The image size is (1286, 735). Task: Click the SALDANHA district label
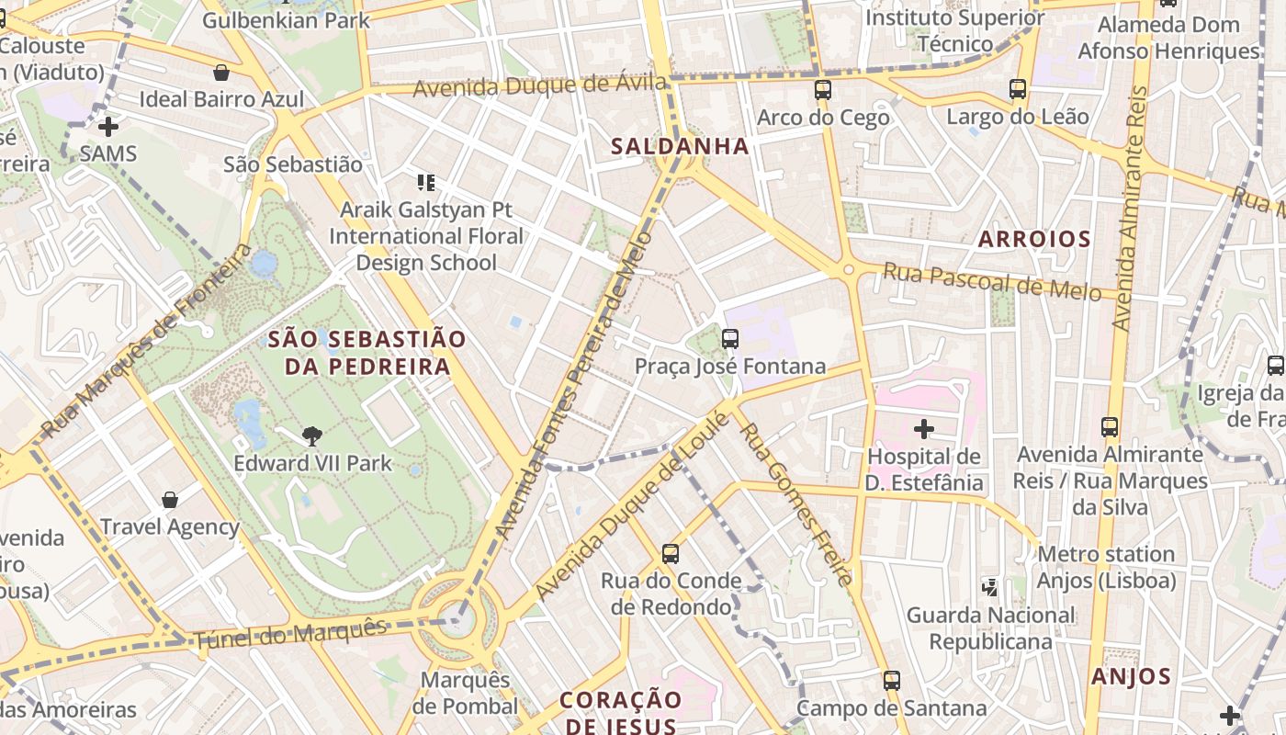(680, 146)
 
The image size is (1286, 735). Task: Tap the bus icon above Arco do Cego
(822, 90)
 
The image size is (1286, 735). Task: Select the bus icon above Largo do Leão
(1017, 89)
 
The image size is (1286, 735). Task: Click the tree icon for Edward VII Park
(312, 435)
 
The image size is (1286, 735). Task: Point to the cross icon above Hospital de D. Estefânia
(924, 428)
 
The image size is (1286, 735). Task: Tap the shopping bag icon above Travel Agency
(170, 500)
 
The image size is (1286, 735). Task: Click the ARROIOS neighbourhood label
(1033, 240)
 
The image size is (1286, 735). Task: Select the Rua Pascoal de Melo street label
(991, 282)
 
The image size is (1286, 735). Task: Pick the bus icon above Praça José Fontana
(730, 339)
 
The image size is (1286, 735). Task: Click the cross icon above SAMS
(108, 126)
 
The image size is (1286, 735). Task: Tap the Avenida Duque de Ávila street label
(539, 86)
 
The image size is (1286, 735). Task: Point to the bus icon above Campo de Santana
(891, 681)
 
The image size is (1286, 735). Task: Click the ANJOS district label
(1131, 677)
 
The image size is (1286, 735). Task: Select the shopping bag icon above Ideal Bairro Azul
(220, 73)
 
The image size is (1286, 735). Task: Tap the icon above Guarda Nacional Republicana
(989, 586)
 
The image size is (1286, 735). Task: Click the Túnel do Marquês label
(289, 634)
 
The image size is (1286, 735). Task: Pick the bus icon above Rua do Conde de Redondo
(671, 554)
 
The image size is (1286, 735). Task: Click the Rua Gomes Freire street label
(795, 503)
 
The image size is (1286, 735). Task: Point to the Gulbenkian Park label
(286, 19)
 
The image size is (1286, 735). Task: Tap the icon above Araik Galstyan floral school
(425, 182)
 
